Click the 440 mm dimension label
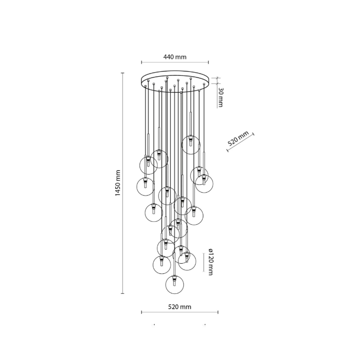pyautogui.click(x=175, y=57)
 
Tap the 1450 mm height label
pyautogui.click(x=117, y=183)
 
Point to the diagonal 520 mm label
pyautogui.click(x=238, y=139)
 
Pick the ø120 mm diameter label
pyautogui.click(x=210, y=262)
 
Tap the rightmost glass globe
pyautogui.click(x=204, y=183)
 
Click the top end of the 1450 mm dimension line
pyautogui.click(x=123, y=73)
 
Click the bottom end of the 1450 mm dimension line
pyautogui.click(x=123, y=294)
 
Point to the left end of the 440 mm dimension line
pyautogui.click(x=142, y=62)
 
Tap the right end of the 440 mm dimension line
pyautogui.click(x=209, y=62)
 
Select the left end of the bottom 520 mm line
pyautogui.click(x=142, y=312)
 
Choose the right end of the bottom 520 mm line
pyautogui.click(x=209, y=312)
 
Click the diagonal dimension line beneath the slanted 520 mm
pyautogui.click(x=241, y=144)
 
